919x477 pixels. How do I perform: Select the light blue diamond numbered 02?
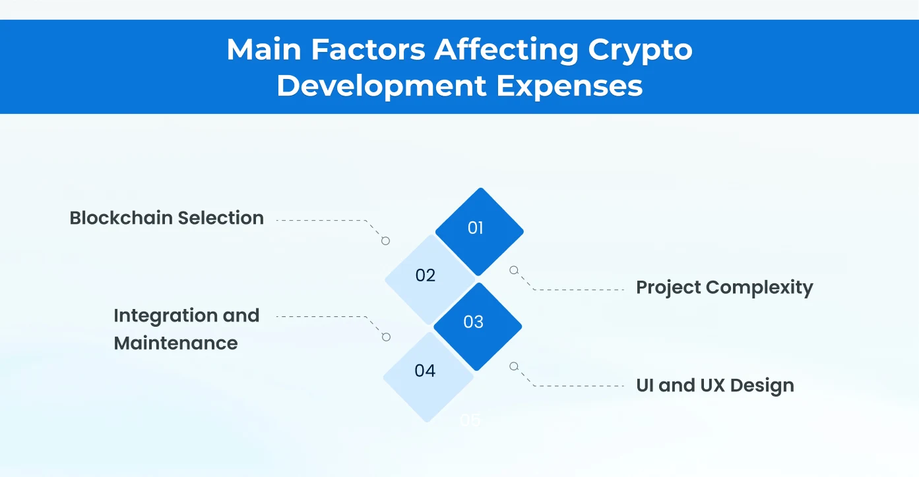(428, 277)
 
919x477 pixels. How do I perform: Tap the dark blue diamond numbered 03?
(476, 324)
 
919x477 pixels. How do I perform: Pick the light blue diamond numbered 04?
(427, 373)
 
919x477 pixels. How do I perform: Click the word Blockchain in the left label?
(120, 218)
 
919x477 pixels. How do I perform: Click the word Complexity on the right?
(759, 288)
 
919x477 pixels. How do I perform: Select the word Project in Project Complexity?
(668, 288)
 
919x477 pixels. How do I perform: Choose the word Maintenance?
(175, 343)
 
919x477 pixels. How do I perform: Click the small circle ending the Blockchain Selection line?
(386, 241)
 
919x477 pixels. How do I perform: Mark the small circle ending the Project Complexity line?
(514, 270)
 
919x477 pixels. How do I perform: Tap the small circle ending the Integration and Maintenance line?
(387, 337)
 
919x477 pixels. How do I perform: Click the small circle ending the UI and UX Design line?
(514, 366)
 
